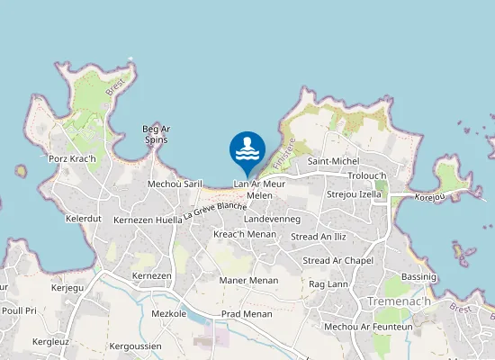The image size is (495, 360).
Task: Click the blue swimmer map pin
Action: coord(247,151)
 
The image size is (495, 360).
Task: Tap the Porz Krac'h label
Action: coord(72,159)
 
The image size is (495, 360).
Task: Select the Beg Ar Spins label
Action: coord(157,134)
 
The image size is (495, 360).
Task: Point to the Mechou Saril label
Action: coord(175,183)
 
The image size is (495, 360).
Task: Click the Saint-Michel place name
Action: coord(333,161)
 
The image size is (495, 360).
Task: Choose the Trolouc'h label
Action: coord(366,175)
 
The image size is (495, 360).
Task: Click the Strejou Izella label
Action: coord(355,193)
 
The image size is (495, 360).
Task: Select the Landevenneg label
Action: coord(271,219)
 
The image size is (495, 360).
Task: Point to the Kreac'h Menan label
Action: coord(245,234)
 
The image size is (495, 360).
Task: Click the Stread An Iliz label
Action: coord(319,237)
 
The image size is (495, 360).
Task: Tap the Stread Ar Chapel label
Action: coord(338,261)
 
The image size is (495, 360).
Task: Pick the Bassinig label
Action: coord(418,276)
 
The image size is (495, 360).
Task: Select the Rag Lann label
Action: coord(328,283)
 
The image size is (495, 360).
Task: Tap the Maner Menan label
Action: coord(248,280)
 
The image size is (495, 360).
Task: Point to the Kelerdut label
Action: coord(84,219)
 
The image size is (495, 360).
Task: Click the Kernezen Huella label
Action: coord(147,220)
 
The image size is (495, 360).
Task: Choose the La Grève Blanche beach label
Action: coord(215,210)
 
